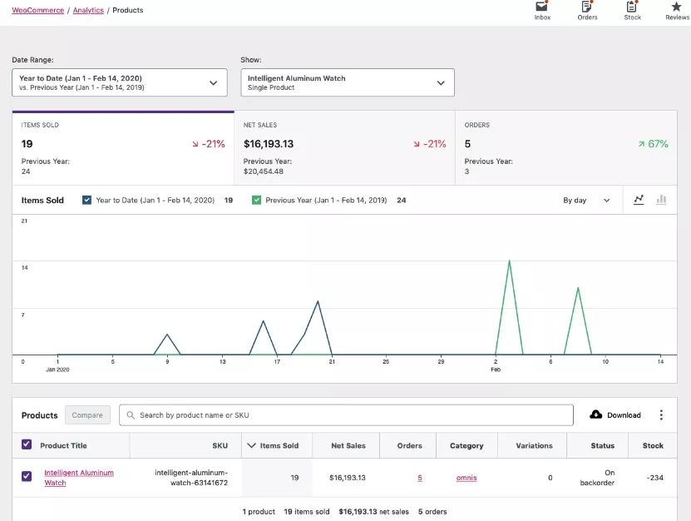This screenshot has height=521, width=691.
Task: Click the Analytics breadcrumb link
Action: tap(87, 10)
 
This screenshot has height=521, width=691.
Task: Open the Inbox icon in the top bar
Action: tap(542, 10)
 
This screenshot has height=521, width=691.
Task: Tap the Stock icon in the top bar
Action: tap(632, 10)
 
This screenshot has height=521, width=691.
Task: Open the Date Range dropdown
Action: tap(120, 82)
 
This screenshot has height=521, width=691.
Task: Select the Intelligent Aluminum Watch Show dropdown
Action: tap(347, 82)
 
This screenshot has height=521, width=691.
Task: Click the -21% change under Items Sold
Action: tap(209, 144)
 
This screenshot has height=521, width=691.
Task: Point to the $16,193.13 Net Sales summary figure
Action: tap(268, 144)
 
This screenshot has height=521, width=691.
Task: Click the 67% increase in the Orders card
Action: tap(654, 144)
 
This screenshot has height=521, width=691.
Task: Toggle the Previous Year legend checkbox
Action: tap(256, 200)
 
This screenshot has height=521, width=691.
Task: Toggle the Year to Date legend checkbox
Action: tap(86, 200)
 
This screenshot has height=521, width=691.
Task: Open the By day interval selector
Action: tap(585, 200)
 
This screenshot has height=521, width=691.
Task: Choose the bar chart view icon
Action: tap(662, 200)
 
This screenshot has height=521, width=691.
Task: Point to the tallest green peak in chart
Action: tap(509, 261)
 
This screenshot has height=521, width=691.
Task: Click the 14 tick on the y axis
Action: tap(25, 268)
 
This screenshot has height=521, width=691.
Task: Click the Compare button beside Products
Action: tap(87, 414)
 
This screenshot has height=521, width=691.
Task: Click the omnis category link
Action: tap(466, 478)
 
